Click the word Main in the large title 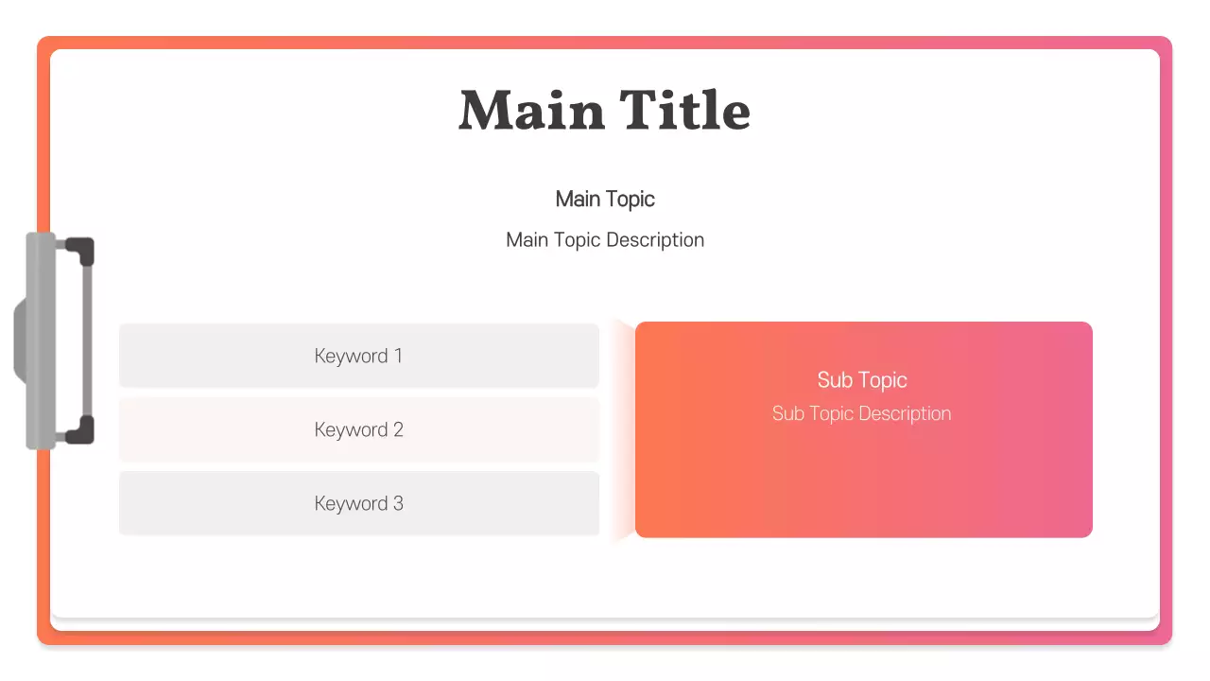pyautogui.click(x=531, y=111)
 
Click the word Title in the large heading pyautogui.click(x=685, y=111)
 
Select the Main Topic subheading pyautogui.click(x=605, y=200)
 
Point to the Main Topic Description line pyautogui.click(x=605, y=240)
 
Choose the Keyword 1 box pyautogui.click(x=359, y=356)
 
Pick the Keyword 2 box pyautogui.click(x=359, y=429)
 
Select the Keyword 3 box pyautogui.click(x=359, y=503)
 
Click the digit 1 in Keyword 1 pyautogui.click(x=398, y=356)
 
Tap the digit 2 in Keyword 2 pyautogui.click(x=398, y=429)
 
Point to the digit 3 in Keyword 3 pyautogui.click(x=398, y=503)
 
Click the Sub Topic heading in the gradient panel pyautogui.click(x=862, y=380)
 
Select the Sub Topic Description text pyautogui.click(x=862, y=414)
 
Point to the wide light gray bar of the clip pyautogui.click(x=41, y=340)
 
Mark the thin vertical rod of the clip pyautogui.click(x=87, y=340)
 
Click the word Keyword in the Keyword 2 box pyautogui.click(x=351, y=429)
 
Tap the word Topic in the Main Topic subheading pyautogui.click(x=631, y=200)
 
